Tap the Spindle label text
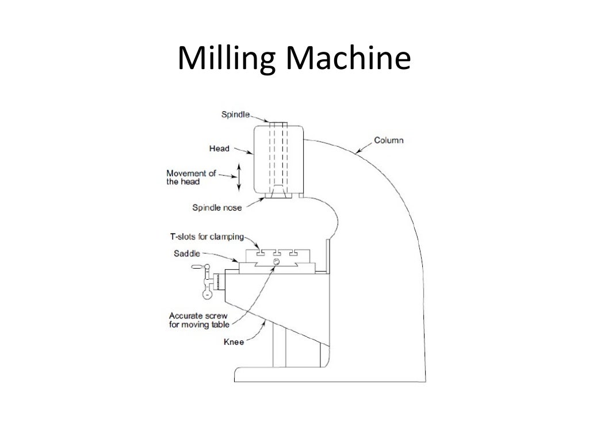[235, 115]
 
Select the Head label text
[219, 148]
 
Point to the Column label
[389, 140]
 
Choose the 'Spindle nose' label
[217, 208]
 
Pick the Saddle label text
[186, 253]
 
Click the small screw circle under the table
[276, 262]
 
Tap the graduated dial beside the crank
[219, 282]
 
